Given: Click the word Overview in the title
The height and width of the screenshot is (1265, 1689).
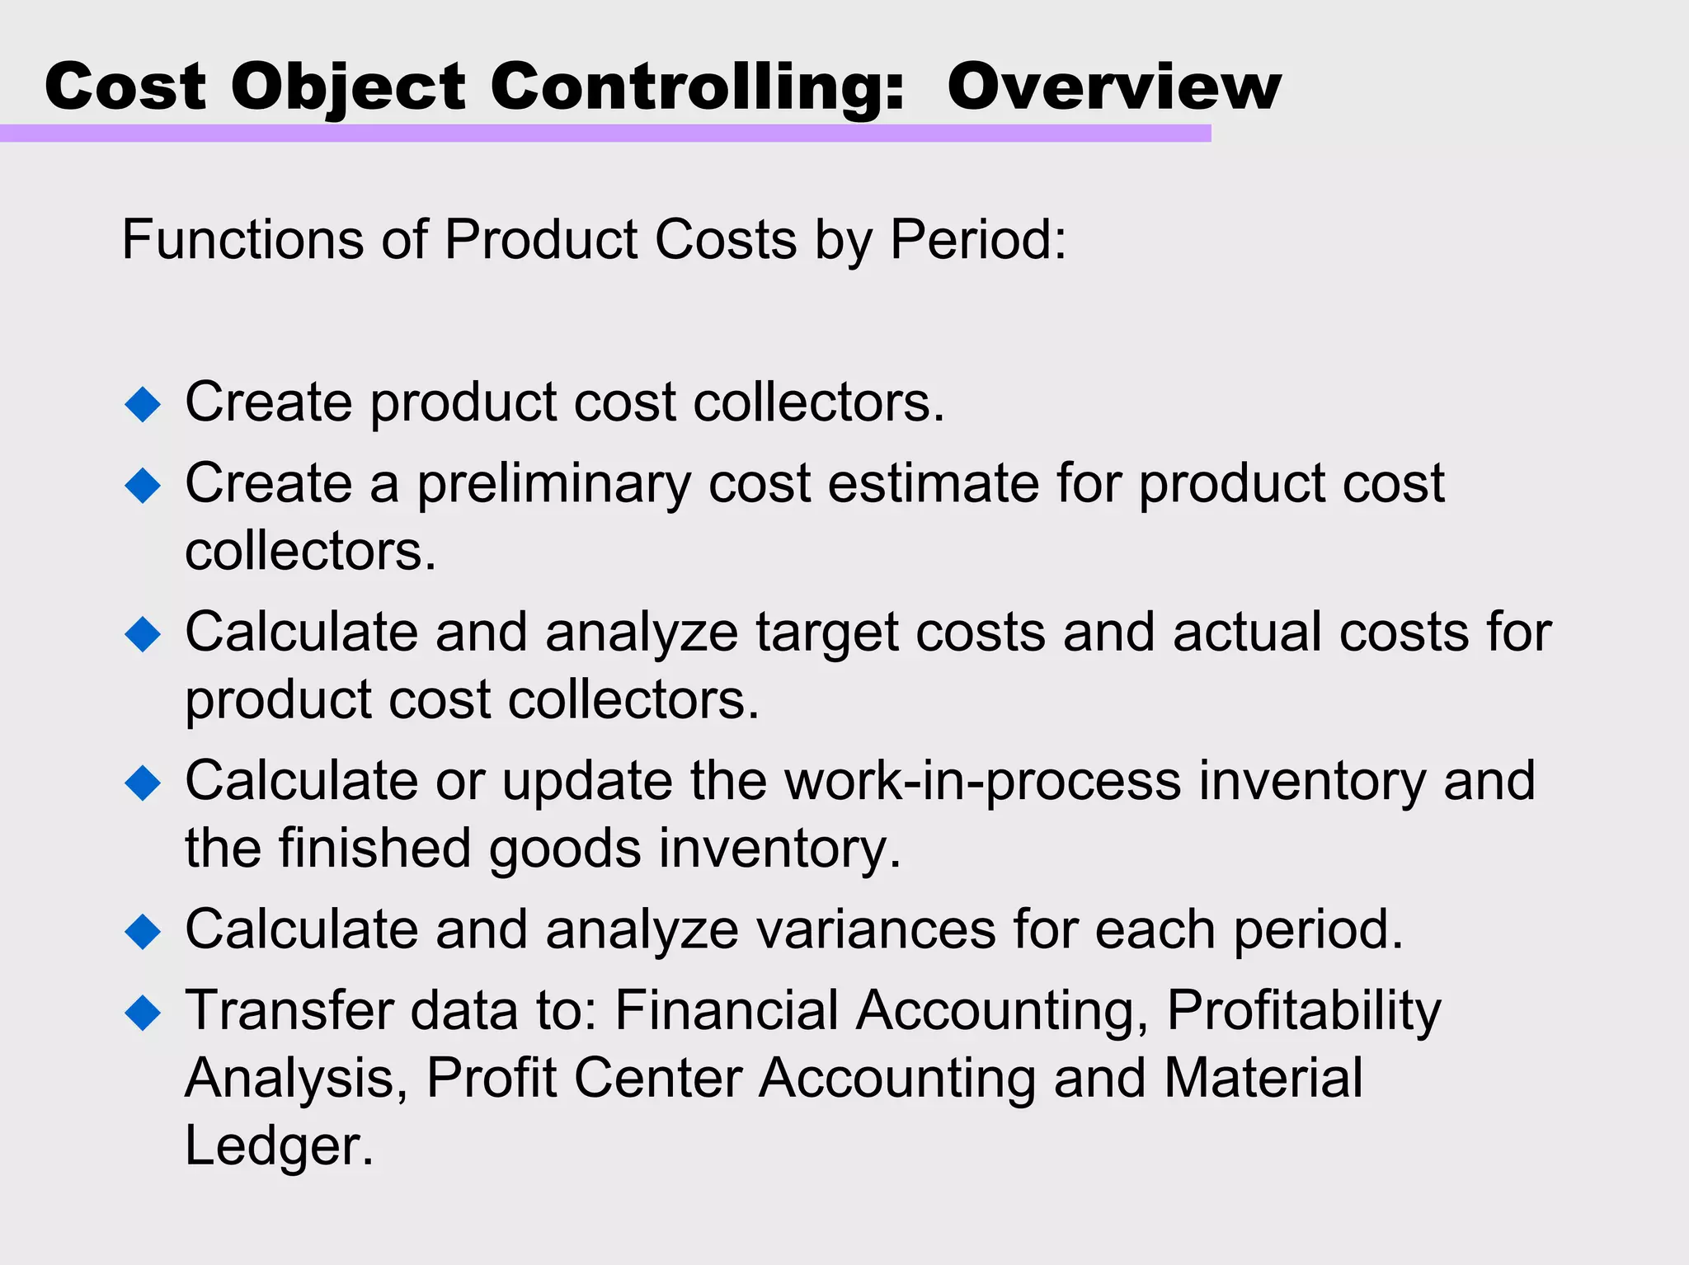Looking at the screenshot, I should [x=1113, y=87].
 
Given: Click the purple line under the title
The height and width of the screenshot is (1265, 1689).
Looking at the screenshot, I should [x=605, y=134].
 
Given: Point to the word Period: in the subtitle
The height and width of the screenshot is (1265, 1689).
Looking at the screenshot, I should [x=978, y=240].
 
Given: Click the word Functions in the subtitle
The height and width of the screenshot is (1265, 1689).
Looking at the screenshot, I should [x=242, y=240].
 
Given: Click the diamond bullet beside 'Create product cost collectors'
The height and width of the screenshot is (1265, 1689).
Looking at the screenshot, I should [x=143, y=404].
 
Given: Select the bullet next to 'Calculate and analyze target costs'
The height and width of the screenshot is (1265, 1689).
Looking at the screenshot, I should [x=143, y=634].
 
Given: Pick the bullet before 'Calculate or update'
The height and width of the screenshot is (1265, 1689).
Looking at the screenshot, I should [x=143, y=783].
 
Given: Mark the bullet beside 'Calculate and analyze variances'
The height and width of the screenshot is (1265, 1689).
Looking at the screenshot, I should [x=143, y=931].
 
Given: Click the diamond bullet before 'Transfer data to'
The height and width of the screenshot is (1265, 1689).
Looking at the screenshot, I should [x=143, y=1012].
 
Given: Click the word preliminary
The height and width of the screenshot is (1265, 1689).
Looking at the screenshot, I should [x=553, y=484].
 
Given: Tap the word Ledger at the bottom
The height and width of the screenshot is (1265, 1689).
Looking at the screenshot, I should [x=279, y=1145].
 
